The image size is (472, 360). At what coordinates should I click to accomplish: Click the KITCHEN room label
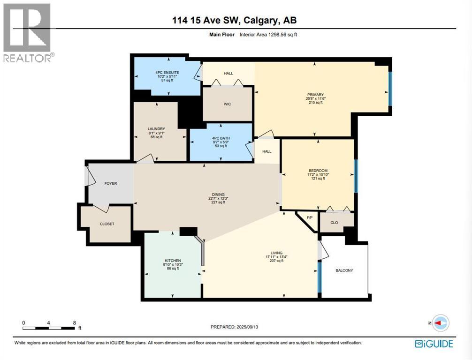point(173,261)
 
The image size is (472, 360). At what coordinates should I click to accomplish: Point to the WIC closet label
point(228,104)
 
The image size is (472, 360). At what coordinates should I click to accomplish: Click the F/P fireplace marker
point(309,218)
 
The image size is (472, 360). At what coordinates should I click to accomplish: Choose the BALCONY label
point(344,270)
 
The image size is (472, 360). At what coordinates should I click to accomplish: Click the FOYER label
point(111,183)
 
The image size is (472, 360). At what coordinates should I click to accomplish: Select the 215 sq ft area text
point(314,103)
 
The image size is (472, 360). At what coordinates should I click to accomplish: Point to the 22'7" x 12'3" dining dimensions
point(218,198)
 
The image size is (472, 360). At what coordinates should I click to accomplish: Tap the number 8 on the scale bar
point(75,322)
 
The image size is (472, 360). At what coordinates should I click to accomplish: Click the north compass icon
point(440,323)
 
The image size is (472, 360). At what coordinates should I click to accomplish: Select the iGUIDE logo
point(434,344)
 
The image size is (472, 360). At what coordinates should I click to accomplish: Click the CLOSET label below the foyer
point(107,224)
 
